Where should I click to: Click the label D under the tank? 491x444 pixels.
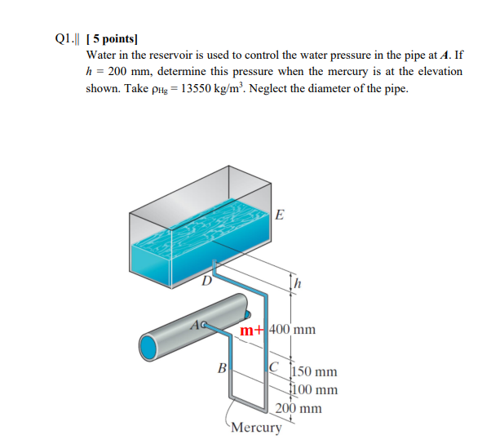(207, 282)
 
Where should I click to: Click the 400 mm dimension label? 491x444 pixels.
(292, 331)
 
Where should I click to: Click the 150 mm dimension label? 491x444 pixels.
(313, 373)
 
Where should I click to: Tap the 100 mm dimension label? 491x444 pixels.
(313, 389)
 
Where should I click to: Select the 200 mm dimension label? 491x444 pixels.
(299, 408)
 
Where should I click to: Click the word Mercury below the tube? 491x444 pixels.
(257, 428)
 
